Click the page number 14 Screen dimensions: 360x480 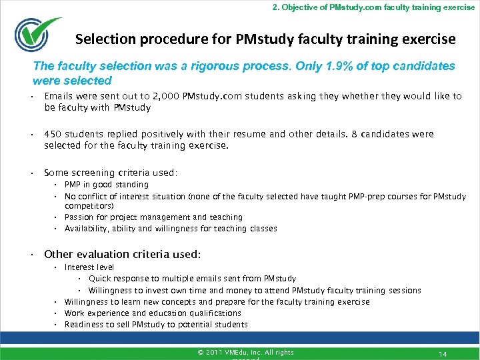(442, 353)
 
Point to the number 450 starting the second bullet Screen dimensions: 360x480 (53, 134)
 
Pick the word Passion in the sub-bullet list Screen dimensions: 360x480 (79, 217)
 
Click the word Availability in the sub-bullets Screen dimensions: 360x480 (87, 229)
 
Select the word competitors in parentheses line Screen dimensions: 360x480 (87, 207)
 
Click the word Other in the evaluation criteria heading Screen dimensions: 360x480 (59, 254)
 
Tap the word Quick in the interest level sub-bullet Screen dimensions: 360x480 (99, 279)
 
